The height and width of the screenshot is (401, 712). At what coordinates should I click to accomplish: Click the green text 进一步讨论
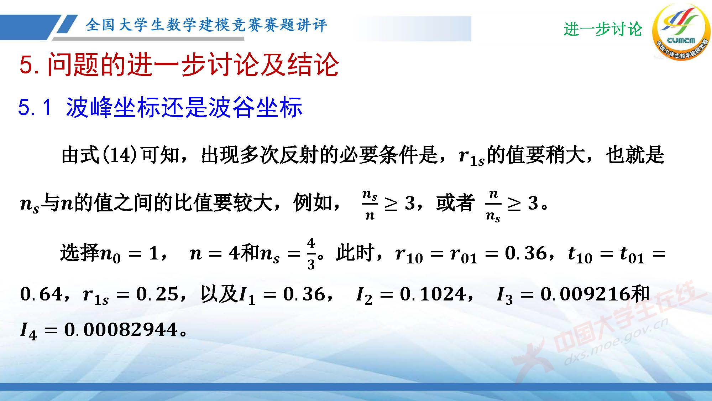point(602,29)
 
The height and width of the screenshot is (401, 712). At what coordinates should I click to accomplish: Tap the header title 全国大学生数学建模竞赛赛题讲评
point(206,25)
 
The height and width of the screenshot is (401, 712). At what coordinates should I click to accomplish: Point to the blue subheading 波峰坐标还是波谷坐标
point(184,107)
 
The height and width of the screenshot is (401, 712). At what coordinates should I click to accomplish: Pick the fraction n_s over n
point(370,205)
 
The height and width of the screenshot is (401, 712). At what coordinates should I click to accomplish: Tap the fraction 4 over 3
point(311,254)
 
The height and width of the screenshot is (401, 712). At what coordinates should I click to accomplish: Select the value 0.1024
point(432,294)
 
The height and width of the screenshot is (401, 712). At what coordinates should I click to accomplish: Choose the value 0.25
point(157,294)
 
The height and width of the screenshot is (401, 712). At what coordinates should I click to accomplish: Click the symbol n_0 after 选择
point(110,255)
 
